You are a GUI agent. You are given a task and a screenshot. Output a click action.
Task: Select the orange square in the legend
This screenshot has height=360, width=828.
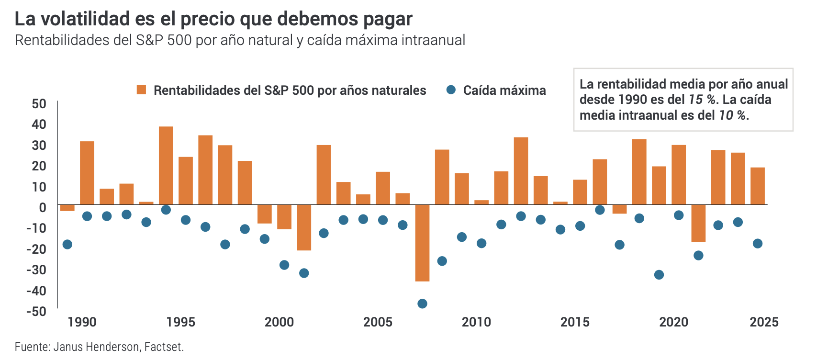tap(141, 90)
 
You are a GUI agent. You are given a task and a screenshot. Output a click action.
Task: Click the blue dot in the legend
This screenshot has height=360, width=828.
tap(450, 90)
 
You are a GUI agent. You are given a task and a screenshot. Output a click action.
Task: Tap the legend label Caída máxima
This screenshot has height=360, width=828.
tap(504, 90)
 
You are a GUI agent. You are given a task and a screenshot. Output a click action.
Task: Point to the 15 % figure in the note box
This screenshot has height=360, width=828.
tap(702, 100)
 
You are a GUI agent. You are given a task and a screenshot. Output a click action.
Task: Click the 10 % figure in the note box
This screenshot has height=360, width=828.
tap(732, 115)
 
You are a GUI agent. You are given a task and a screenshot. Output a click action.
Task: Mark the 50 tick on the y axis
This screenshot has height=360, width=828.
tap(39, 104)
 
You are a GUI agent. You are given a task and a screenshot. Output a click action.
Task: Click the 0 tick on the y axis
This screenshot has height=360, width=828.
tap(43, 207)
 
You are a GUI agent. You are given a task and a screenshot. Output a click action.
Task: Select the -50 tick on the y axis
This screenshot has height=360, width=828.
tap(36, 311)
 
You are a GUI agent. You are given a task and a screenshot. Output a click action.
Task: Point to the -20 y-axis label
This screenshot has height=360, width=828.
tap(36, 249)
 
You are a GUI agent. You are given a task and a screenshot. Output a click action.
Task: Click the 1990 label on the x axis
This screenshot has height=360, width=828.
tap(82, 322)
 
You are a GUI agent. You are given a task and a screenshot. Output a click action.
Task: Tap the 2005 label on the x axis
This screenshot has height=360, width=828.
tap(378, 322)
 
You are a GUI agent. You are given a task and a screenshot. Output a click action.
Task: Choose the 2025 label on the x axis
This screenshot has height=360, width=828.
tap(764, 322)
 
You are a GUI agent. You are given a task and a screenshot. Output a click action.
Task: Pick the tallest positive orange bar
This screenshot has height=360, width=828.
tap(166, 165)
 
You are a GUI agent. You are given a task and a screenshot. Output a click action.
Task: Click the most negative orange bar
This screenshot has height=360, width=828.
tap(422, 243)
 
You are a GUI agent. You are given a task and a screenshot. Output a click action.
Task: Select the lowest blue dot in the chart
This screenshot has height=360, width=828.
tap(422, 304)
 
